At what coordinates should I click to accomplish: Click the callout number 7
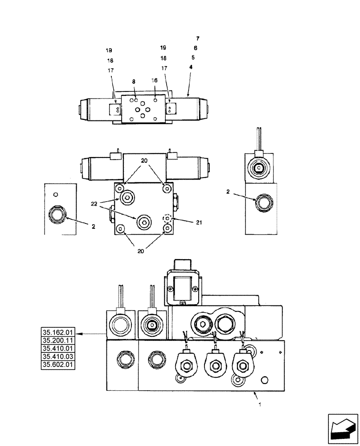(198, 38)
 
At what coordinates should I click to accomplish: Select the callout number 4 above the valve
(191, 67)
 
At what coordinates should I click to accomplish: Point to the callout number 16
(155, 81)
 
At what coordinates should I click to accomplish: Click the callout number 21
(187, 223)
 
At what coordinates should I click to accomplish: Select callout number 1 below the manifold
(260, 405)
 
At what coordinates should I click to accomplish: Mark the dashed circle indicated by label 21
(167, 219)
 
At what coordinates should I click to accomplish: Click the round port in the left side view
(58, 215)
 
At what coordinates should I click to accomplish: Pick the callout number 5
(192, 58)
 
